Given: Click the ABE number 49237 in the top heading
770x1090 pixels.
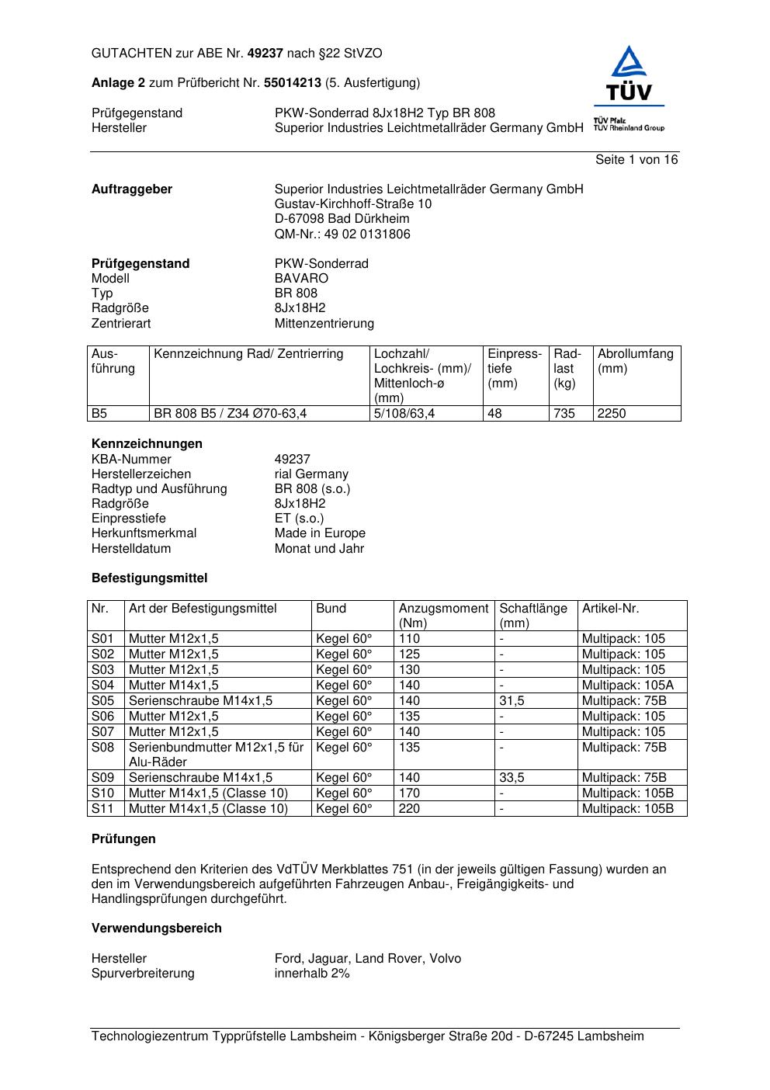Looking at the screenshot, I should coord(265,54).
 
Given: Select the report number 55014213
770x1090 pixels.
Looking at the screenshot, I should coord(293,83).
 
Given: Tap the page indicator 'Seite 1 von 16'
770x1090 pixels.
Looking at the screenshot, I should coord(636,160).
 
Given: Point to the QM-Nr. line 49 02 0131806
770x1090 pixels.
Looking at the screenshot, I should coord(342,234).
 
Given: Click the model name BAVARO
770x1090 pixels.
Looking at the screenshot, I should coord(301,278).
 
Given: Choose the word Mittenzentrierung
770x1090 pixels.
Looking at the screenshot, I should coord(324,323).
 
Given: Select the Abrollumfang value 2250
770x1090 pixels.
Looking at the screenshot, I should coord(612,414).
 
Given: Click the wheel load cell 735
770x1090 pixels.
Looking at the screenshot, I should coord(564,414).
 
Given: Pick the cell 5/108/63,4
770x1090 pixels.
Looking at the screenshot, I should coord(404,414).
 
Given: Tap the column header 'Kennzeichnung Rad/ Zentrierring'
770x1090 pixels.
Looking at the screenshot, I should coord(248,354).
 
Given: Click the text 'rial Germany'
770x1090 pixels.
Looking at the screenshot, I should coord(311,474).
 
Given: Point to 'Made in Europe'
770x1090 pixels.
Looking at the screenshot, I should coord(320,533).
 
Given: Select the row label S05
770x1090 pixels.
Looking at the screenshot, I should coord(102,700).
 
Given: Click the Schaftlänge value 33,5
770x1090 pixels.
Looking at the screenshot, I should coord(512,777).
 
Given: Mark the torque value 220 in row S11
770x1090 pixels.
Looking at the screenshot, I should coord(409,808).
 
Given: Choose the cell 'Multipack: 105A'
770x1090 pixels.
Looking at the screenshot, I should coord(628,685).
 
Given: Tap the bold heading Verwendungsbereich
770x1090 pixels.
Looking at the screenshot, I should coord(157,929).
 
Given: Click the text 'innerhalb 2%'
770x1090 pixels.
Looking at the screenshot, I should coord(312,974).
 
